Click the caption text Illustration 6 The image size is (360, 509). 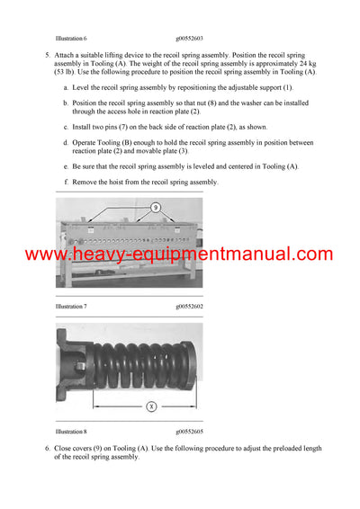pos(71,40)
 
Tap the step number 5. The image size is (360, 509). pos(47,56)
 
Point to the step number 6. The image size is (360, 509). pos(47,448)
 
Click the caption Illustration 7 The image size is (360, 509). pos(71,307)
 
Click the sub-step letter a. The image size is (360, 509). pos(66,87)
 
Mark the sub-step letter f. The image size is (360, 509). pos(66,183)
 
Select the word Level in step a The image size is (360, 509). pos(83,87)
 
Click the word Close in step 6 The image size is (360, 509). pos(66,448)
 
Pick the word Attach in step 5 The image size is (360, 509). pos(67,56)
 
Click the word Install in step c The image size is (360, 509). pos(85,127)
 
